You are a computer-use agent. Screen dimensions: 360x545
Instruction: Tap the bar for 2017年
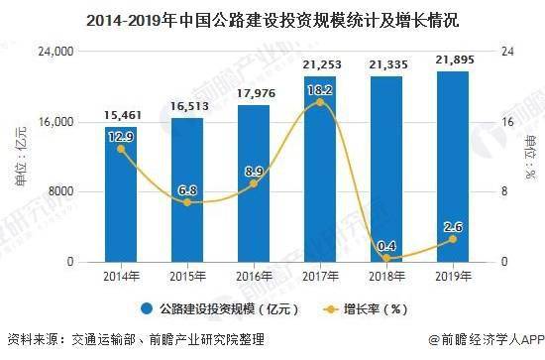(320, 169)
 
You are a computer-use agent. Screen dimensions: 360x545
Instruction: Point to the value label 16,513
(187, 105)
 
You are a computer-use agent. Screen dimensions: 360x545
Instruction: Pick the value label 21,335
(386, 64)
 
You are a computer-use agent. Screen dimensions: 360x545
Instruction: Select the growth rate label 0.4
(386, 246)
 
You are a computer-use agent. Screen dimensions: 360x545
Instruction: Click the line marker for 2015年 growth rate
(187, 202)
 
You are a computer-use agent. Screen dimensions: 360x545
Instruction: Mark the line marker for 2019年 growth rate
(453, 239)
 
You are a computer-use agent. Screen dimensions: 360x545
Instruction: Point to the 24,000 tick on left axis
(58, 51)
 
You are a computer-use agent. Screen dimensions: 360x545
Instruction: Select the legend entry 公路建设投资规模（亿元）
(224, 307)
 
